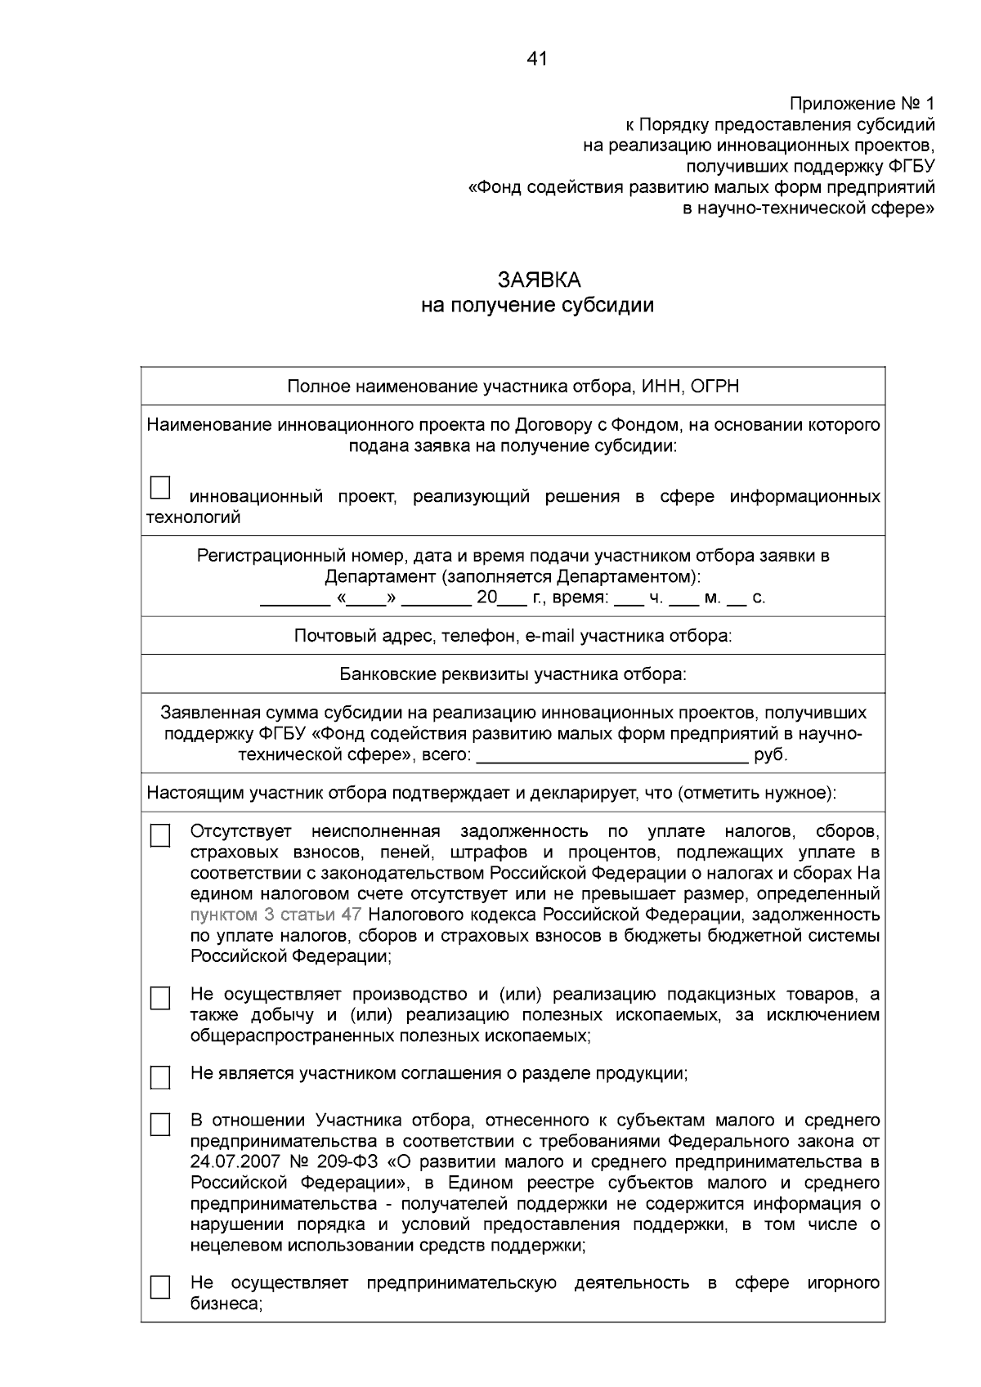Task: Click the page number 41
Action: pos(537,59)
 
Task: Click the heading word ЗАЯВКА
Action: pos(539,280)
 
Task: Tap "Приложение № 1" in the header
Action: pos(862,104)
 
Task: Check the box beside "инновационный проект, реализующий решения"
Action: pos(160,487)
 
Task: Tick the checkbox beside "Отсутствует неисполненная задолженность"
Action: pos(160,836)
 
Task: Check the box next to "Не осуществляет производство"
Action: pos(160,999)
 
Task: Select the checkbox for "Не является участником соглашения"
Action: pos(160,1077)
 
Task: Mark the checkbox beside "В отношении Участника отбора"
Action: pos(160,1125)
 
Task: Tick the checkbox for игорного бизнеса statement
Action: pos(160,1287)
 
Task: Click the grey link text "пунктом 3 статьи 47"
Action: pos(276,914)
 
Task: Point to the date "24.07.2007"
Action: pos(231,1162)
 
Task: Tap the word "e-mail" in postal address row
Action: pos(545,636)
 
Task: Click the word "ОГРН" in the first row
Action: pos(715,387)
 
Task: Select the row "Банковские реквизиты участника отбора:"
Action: pos(513,675)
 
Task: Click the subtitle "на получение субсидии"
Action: pos(537,306)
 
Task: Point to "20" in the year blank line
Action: pos(486,597)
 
